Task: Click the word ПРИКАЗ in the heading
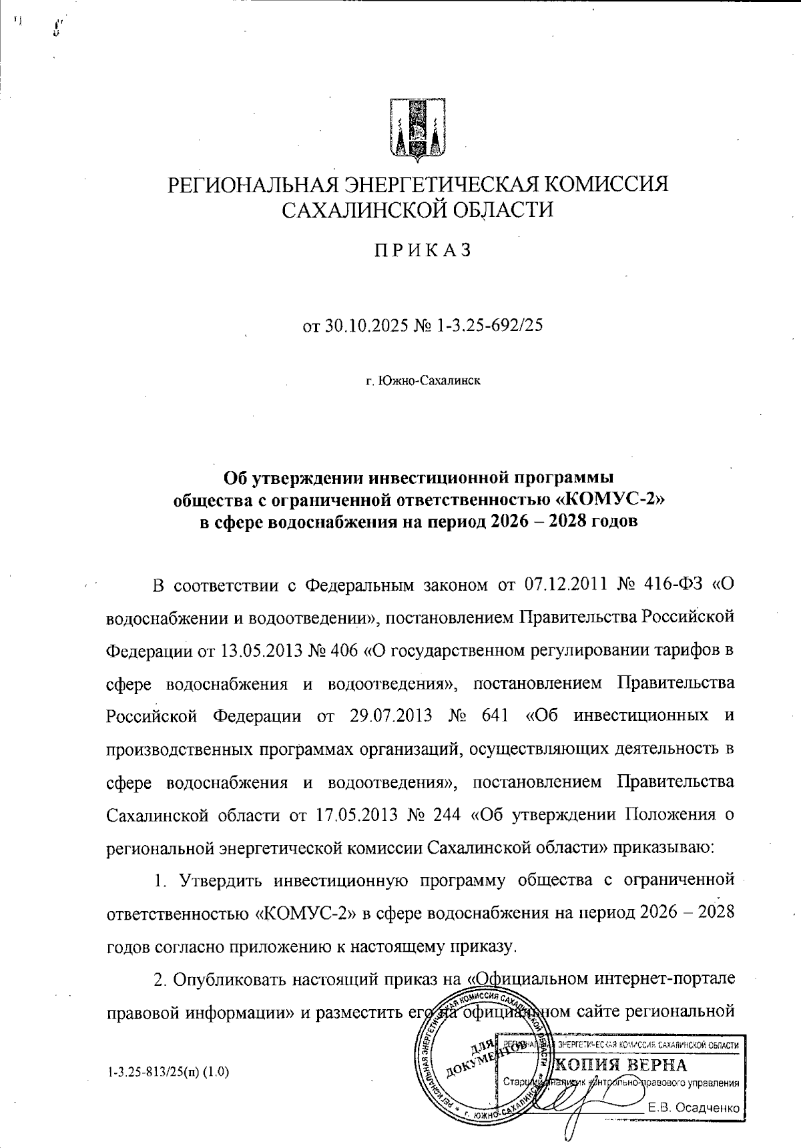(x=421, y=250)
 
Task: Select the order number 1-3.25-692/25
(x=489, y=325)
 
